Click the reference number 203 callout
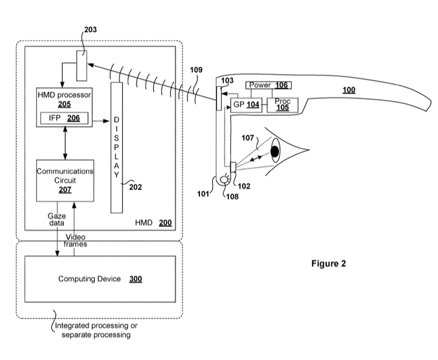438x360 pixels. [90, 29]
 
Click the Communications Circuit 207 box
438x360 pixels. [65, 181]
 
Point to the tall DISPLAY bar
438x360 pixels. [116, 147]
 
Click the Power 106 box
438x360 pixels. [268, 85]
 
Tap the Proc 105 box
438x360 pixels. [282, 104]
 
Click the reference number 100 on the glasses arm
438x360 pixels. [349, 90]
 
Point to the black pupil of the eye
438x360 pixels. [275, 151]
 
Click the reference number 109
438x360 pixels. [196, 70]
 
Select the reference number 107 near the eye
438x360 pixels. [248, 138]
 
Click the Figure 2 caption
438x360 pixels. [329, 263]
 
